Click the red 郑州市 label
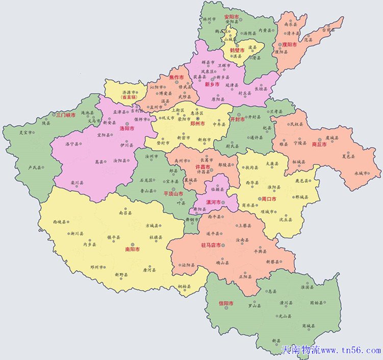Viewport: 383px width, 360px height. (196, 124)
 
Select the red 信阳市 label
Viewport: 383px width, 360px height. (226, 303)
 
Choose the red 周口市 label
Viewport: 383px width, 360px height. (269, 198)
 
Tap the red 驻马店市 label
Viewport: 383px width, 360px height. (211, 246)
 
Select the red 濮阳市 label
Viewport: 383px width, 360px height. (289, 45)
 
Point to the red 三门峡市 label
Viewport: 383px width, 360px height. (66, 115)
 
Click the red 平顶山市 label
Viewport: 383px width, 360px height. (173, 194)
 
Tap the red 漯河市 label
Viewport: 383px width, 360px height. (214, 202)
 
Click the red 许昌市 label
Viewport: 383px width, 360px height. (203, 167)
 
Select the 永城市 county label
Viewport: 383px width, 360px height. (361, 173)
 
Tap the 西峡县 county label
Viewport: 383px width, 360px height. (59, 222)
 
